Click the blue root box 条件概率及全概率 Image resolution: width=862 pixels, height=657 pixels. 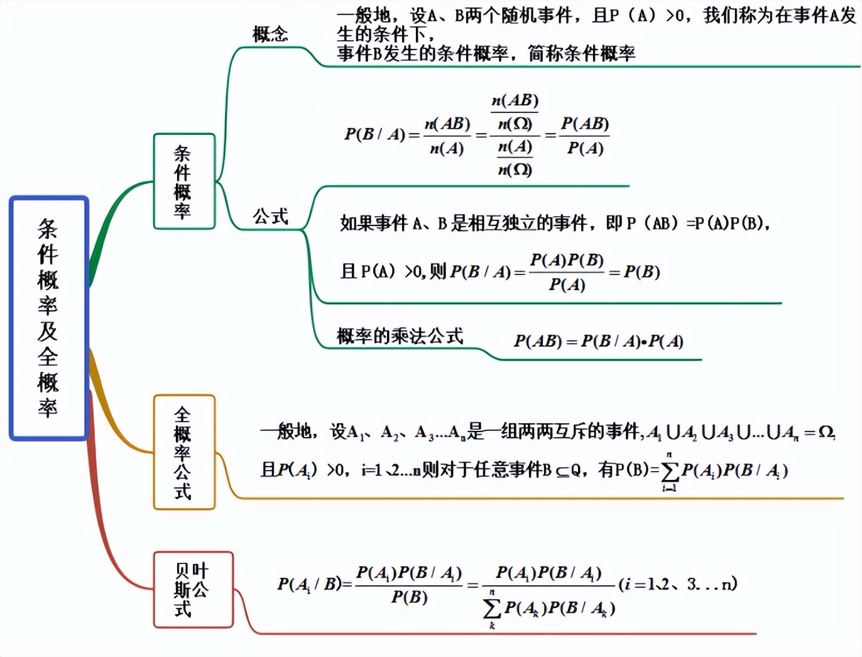click(49, 318)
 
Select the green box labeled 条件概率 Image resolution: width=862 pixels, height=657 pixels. click(184, 182)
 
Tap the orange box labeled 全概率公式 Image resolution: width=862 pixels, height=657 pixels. click(184, 452)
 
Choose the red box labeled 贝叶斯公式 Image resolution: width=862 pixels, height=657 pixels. click(193, 589)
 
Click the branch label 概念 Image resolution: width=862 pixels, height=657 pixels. click(270, 34)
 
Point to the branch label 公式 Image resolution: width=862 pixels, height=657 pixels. click(270, 217)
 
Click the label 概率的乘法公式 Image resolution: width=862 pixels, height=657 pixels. click(400, 336)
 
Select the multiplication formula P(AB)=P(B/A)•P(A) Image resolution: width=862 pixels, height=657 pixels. click(598, 341)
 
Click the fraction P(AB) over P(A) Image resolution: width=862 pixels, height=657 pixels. click(585, 136)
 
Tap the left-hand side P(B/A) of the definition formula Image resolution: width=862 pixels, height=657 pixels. click(374, 134)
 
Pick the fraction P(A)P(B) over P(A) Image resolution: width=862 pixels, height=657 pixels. click(567, 272)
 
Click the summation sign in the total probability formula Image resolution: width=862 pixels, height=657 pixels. click(670, 471)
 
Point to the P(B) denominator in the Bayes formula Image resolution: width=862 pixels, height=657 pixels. click(409, 597)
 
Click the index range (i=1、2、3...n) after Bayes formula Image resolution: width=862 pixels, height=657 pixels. click(678, 584)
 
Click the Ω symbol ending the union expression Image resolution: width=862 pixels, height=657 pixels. click(826, 432)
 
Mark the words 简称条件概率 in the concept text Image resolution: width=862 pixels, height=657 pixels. click(581, 54)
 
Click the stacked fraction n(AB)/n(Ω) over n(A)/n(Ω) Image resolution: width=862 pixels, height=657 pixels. click(515, 135)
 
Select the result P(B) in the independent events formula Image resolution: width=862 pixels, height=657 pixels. click(641, 272)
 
